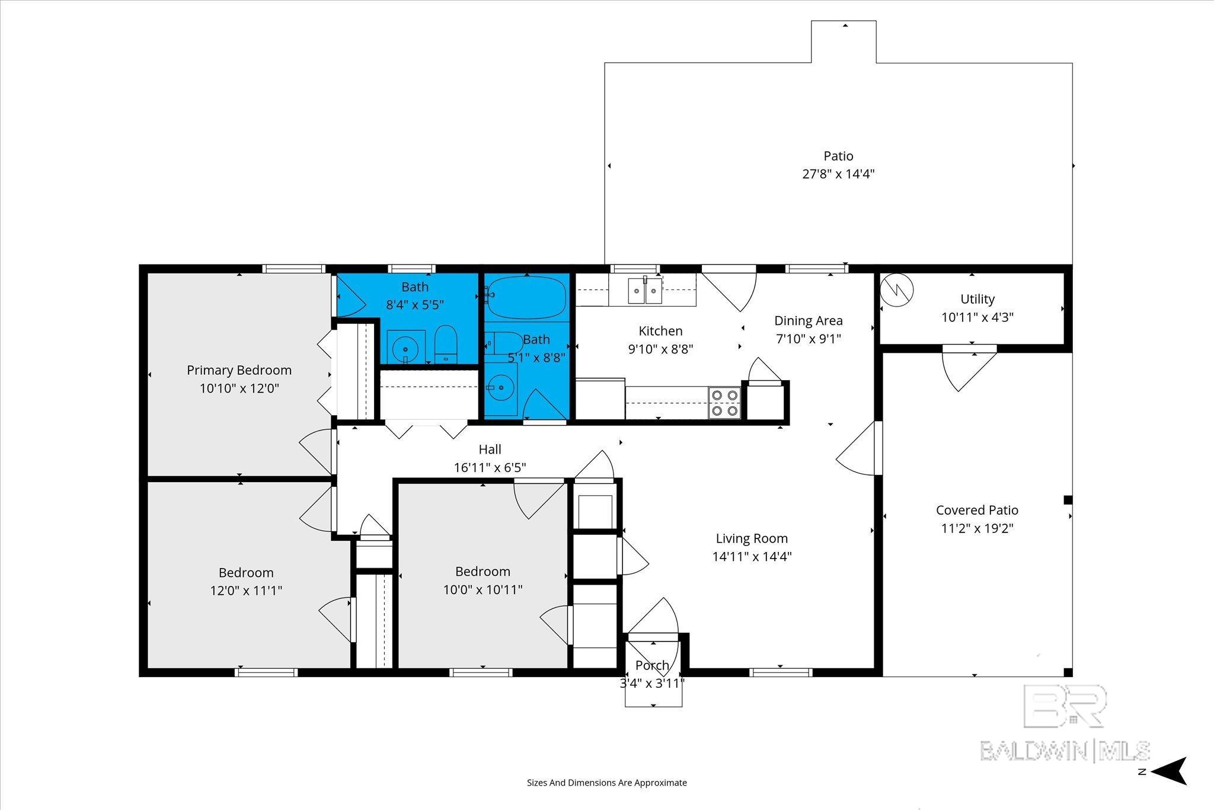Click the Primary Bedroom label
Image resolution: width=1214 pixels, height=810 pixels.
click(x=239, y=370)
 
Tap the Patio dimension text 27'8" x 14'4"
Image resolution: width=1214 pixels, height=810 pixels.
click(x=838, y=174)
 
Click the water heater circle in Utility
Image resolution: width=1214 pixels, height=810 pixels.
click(x=896, y=290)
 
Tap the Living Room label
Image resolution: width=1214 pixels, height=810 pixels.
click(x=752, y=538)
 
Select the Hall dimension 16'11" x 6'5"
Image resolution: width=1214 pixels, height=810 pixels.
click(x=490, y=468)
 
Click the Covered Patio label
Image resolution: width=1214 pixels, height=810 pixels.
click(x=977, y=510)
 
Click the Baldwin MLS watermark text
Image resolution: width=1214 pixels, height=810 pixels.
click(x=1065, y=751)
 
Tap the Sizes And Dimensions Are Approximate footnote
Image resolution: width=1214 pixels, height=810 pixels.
click(x=607, y=783)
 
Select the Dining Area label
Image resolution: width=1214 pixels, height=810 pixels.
click(x=809, y=321)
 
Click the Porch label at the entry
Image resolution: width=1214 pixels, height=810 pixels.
click(x=652, y=665)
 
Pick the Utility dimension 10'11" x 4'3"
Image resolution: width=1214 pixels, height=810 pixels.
click(x=977, y=317)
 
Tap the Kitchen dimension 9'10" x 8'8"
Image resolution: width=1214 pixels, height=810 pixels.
click(x=660, y=349)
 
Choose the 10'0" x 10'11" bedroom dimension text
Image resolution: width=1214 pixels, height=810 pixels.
click(x=483, y=590)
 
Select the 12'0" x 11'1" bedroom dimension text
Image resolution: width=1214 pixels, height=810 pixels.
click(x=246, y=591)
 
